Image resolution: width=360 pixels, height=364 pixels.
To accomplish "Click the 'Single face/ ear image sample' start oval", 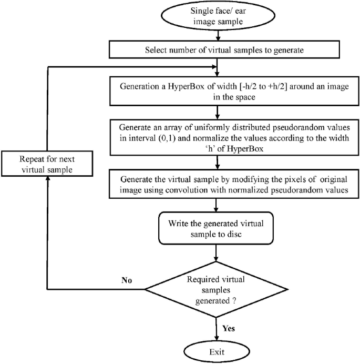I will click(x=217, y=19).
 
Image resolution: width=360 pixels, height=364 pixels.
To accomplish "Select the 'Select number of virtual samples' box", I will click(x=217, y=50).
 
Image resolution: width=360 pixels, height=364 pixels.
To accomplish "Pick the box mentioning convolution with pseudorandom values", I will click(x=217, y=184).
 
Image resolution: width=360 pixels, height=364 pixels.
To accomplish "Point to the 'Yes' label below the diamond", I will click(x=228, y=328).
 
